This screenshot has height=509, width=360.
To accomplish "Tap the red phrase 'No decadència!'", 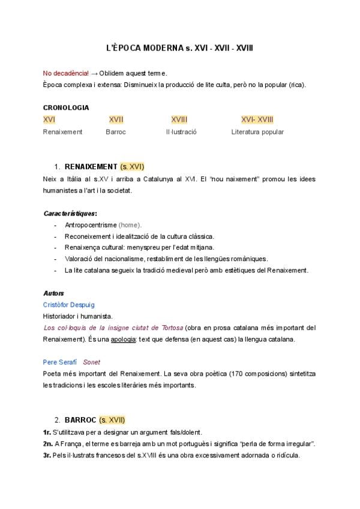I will pos(65,73).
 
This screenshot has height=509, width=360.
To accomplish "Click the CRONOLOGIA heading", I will pos(66,108).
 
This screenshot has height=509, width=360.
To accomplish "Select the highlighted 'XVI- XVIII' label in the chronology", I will pos(257,119).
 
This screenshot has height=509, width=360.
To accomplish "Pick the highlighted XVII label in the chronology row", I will pos(116,119).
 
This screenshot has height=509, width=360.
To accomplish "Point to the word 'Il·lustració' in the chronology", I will pos(181,132).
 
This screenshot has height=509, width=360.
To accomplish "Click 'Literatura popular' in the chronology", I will pos(257,132).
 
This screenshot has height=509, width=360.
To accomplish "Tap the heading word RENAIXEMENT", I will pos(91,166).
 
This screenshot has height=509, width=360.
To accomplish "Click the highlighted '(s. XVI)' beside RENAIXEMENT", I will pos(132,166).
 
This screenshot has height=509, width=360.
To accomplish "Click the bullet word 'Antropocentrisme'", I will pos(91,225).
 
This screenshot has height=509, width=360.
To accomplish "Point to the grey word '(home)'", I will pos(130,225).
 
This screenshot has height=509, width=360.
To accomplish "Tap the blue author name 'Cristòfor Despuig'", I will pos(68,305).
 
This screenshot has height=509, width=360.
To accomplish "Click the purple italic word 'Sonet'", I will pos(92,363).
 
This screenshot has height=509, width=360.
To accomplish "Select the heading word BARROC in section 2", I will pos(80,420).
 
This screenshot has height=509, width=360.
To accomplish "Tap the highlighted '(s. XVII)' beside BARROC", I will pos(112,420).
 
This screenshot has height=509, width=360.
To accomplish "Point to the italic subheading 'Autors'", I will pos(53,294).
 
